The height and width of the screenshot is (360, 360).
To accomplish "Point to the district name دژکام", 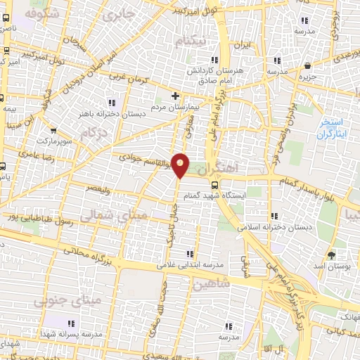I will coord(96,131).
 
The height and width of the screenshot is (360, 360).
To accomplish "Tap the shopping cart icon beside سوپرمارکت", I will coord(53,129).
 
